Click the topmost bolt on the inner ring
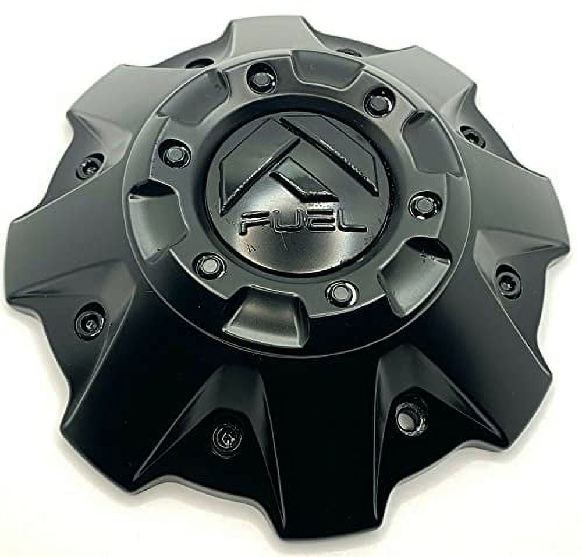(x=261, y=79)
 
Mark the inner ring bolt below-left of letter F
(x=210, y=266)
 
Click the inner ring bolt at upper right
(x=379, y=103)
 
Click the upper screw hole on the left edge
(x=90, y=167)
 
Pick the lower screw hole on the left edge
(x=90, y=322)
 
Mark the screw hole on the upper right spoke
(x=473, y=136)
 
